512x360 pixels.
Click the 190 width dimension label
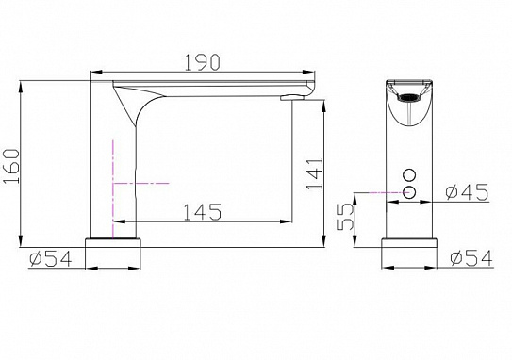(x=203, y=62)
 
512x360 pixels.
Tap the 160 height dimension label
(x=11, y=166)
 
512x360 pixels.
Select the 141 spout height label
(x=315, y=173)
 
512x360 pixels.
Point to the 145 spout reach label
(x=203, y=212)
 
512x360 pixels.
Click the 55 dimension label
(x=345, y=217)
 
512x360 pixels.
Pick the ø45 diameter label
(x=467, y=192)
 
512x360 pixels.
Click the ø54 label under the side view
(x=51, y=259)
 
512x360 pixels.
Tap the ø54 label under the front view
(x=471, y=258)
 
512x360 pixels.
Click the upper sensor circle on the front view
(x=409, y=174)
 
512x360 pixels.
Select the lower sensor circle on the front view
(x=409, y=192)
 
